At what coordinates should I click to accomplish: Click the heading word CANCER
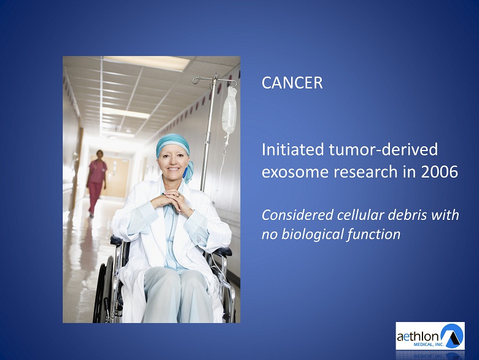[x=292, y=83]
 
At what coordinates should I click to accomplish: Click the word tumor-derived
[x=383, y=150]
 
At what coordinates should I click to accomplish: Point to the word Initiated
[x=293, y=150]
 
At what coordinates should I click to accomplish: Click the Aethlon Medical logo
[x=430, y=335]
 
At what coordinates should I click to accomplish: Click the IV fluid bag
[x=230, y=111]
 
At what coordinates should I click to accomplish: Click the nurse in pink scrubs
[x=96, y=182]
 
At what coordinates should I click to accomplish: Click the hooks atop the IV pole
[x=214, y=80]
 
